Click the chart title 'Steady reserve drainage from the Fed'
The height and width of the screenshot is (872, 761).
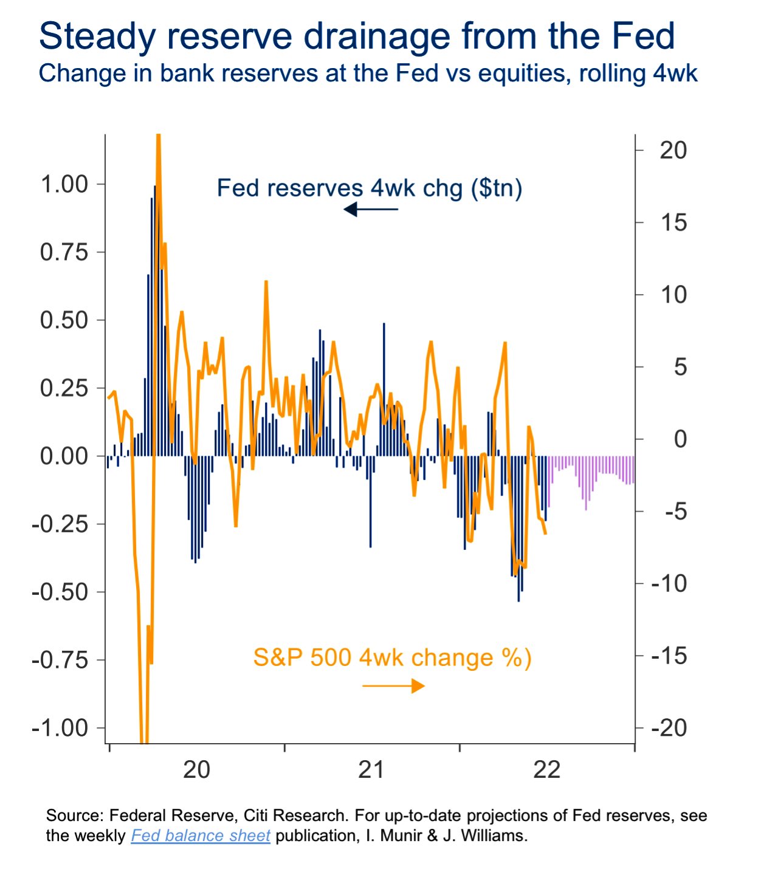[357, 36]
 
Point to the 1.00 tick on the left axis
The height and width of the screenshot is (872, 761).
[64, 184]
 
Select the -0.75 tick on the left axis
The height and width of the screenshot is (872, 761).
[60, 660]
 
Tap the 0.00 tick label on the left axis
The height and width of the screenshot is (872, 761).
[64, 456]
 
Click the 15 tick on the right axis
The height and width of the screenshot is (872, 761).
[673, 223]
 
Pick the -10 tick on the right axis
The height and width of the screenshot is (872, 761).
[669, 584]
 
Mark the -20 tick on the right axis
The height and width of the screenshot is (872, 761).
[669, 728]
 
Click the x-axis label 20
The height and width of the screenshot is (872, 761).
[196, 770]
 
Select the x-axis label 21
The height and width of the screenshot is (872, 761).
[371, 770]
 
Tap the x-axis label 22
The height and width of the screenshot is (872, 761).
[546, 770]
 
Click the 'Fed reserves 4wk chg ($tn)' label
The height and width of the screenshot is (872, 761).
[370, 188]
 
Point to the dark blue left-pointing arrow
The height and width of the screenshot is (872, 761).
[370, 210]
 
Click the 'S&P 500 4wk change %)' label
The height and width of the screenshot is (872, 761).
[392, 658]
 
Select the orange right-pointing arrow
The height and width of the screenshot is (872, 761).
[393, 686]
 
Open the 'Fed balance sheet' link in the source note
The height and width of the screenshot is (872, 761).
[201, 836]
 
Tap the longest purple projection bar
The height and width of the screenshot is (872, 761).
[586, 483]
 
